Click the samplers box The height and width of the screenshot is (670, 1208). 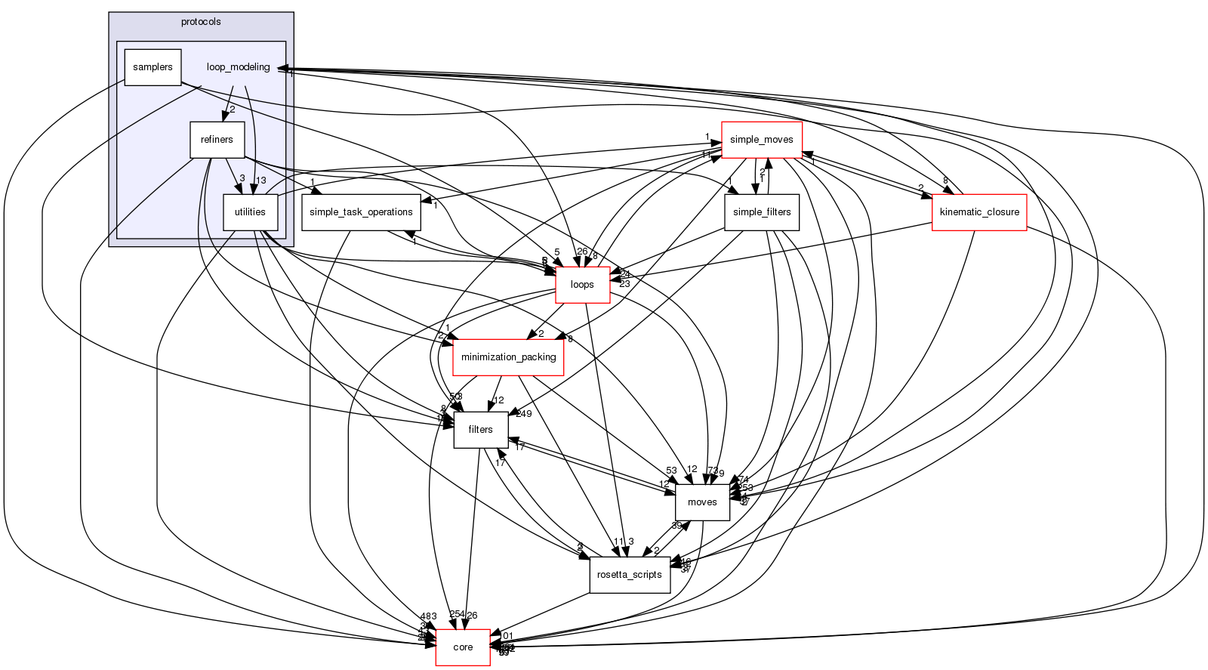153,67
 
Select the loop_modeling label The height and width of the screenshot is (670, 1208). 238,67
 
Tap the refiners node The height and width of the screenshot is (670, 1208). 217,140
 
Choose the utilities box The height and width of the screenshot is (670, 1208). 250,212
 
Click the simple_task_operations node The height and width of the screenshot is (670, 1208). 361,212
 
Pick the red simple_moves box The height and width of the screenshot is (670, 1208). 761,140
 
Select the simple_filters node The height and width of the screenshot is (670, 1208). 762,212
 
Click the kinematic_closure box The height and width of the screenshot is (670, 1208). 979,212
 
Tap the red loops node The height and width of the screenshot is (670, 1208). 582,285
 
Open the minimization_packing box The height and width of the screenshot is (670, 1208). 508,357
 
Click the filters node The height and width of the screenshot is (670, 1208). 480,430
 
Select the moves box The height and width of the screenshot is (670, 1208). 702,502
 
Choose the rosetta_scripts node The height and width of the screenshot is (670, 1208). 630,575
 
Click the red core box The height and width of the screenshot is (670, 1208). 463,647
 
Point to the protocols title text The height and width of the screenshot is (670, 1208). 201,22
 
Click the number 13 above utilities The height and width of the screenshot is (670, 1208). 261,181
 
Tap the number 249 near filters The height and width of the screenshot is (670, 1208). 524,414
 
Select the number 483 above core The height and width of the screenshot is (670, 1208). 429,617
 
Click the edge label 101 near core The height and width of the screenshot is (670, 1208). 506,636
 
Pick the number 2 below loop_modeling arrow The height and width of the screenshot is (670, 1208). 233,109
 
